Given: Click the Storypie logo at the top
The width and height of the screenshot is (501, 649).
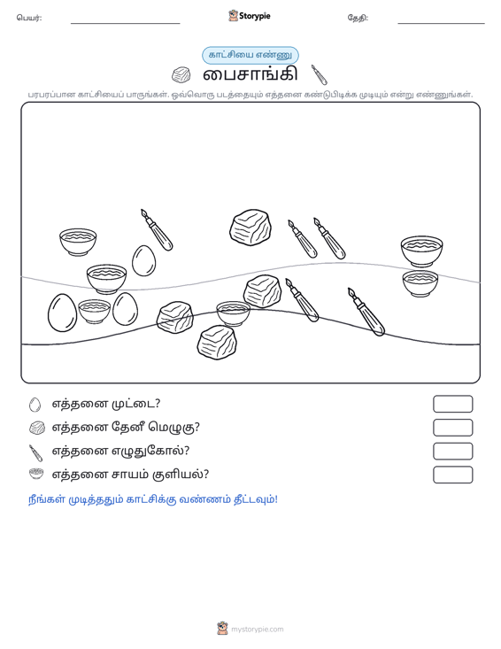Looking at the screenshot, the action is coord(249,16).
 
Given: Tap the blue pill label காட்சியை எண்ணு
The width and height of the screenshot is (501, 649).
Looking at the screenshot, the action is coord(250,55).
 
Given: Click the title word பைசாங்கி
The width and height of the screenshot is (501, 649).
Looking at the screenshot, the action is coord(250,74).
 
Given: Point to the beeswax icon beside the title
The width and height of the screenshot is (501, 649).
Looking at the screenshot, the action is coord(181,75).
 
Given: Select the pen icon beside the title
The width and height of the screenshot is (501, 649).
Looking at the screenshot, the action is coord(319,74).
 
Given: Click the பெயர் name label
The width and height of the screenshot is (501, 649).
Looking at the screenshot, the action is coord(29,18).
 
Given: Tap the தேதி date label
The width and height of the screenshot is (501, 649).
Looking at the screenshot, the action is coord(358,18).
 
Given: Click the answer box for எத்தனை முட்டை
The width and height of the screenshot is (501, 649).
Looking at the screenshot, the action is coord(453,404).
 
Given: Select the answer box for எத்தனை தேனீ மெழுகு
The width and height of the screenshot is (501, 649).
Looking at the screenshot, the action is coord(453,428).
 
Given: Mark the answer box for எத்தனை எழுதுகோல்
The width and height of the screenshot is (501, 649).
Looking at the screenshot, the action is coord(453,452).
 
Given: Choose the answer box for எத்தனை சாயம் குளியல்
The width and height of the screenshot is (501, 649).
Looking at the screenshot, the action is coord(453,475).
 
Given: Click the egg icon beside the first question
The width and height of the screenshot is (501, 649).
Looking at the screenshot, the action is coord(35,405).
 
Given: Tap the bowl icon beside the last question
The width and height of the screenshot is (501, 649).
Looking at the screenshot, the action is coord(36,474).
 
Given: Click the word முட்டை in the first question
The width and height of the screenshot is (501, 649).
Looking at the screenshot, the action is coord(136,404).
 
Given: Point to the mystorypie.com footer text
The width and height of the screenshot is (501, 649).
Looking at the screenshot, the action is coord(258,630).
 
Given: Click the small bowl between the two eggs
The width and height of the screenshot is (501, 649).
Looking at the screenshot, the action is coord(95,312).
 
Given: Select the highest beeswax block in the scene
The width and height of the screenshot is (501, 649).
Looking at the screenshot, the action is coord(250,228).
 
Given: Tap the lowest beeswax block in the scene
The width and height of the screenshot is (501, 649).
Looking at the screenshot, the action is coord(217,342).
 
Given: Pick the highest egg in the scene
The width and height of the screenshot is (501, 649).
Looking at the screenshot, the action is coord(144,260).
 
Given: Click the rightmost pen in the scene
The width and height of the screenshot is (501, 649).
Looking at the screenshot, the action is coord(366,312).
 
